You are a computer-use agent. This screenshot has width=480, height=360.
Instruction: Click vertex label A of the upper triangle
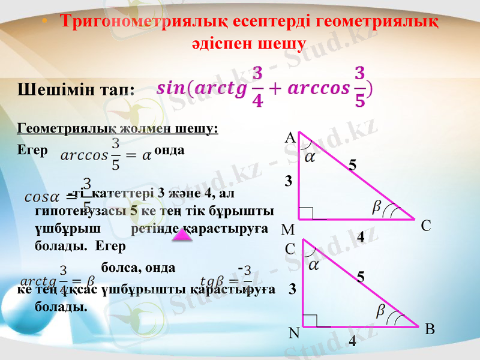coord(290,138)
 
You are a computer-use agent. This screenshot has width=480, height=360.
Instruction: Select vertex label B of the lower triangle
coord(430,329)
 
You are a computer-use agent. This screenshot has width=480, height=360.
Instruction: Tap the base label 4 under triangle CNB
coord(352,341)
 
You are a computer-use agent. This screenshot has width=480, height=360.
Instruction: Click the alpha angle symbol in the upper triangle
coord(310,157)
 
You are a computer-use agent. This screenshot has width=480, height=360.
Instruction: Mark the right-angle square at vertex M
coord(305,214)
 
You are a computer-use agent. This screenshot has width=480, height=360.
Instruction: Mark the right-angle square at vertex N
coord(310,320)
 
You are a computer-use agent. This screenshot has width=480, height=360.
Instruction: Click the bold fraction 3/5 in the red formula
coord(359,86)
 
